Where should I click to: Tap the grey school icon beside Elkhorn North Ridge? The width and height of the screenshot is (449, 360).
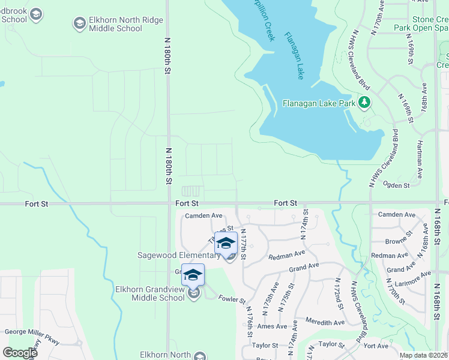tap(79, 23)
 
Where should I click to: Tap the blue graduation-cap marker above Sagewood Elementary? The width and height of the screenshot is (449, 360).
tap(226, 243)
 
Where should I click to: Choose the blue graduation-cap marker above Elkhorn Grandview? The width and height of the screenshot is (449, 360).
tap(193, 275)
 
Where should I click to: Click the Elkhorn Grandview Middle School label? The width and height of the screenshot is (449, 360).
tap(150, 293)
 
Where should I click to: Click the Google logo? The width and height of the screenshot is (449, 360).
tap(20, 353)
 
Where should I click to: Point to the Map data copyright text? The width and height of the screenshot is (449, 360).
tap(424, 355)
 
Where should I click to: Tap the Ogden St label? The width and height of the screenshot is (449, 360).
tap(396, 186)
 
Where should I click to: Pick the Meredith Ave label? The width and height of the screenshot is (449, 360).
tap(325, 322)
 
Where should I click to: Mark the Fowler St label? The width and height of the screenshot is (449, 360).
tap(232, 299)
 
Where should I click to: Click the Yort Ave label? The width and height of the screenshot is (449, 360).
tap(376, 346)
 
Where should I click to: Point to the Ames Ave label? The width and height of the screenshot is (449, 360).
tap(273, 326)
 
